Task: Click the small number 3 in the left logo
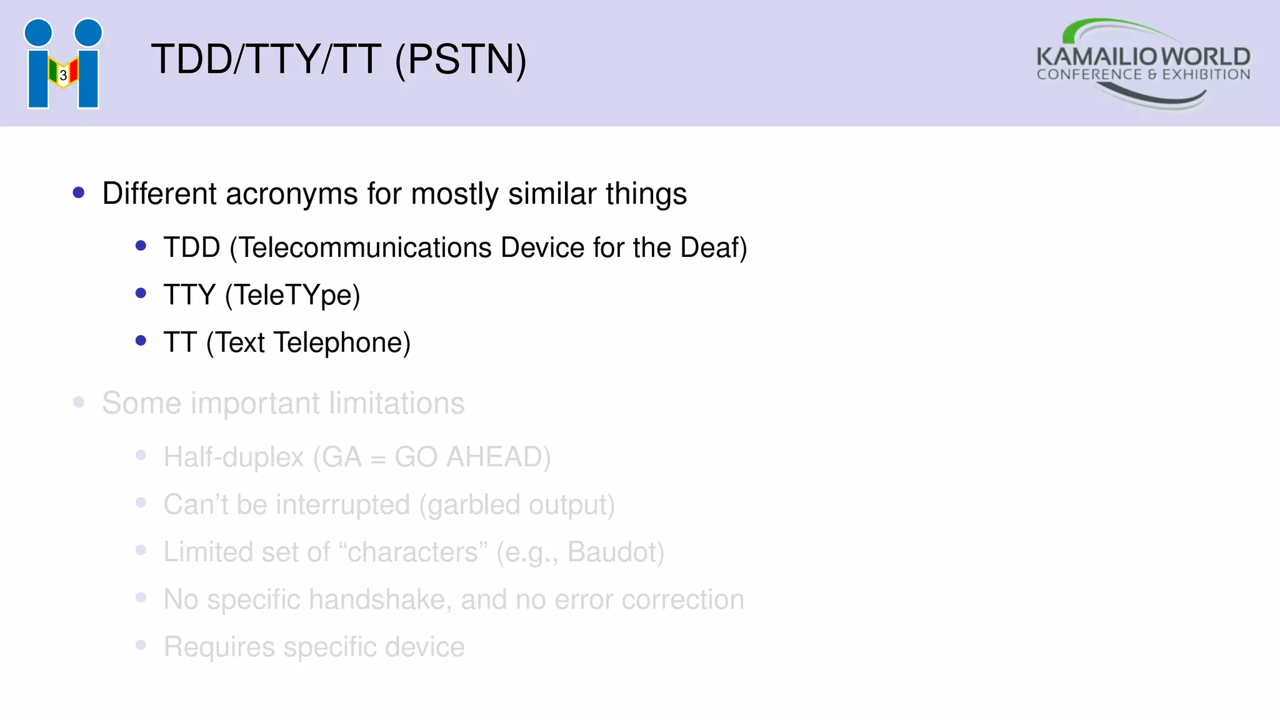(63, 76)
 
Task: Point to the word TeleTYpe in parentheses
(292, 295)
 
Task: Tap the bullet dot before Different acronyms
(79, 193)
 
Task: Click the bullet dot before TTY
(141, 293)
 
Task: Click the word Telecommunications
(366, 248)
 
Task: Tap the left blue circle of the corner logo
(38, 32)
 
